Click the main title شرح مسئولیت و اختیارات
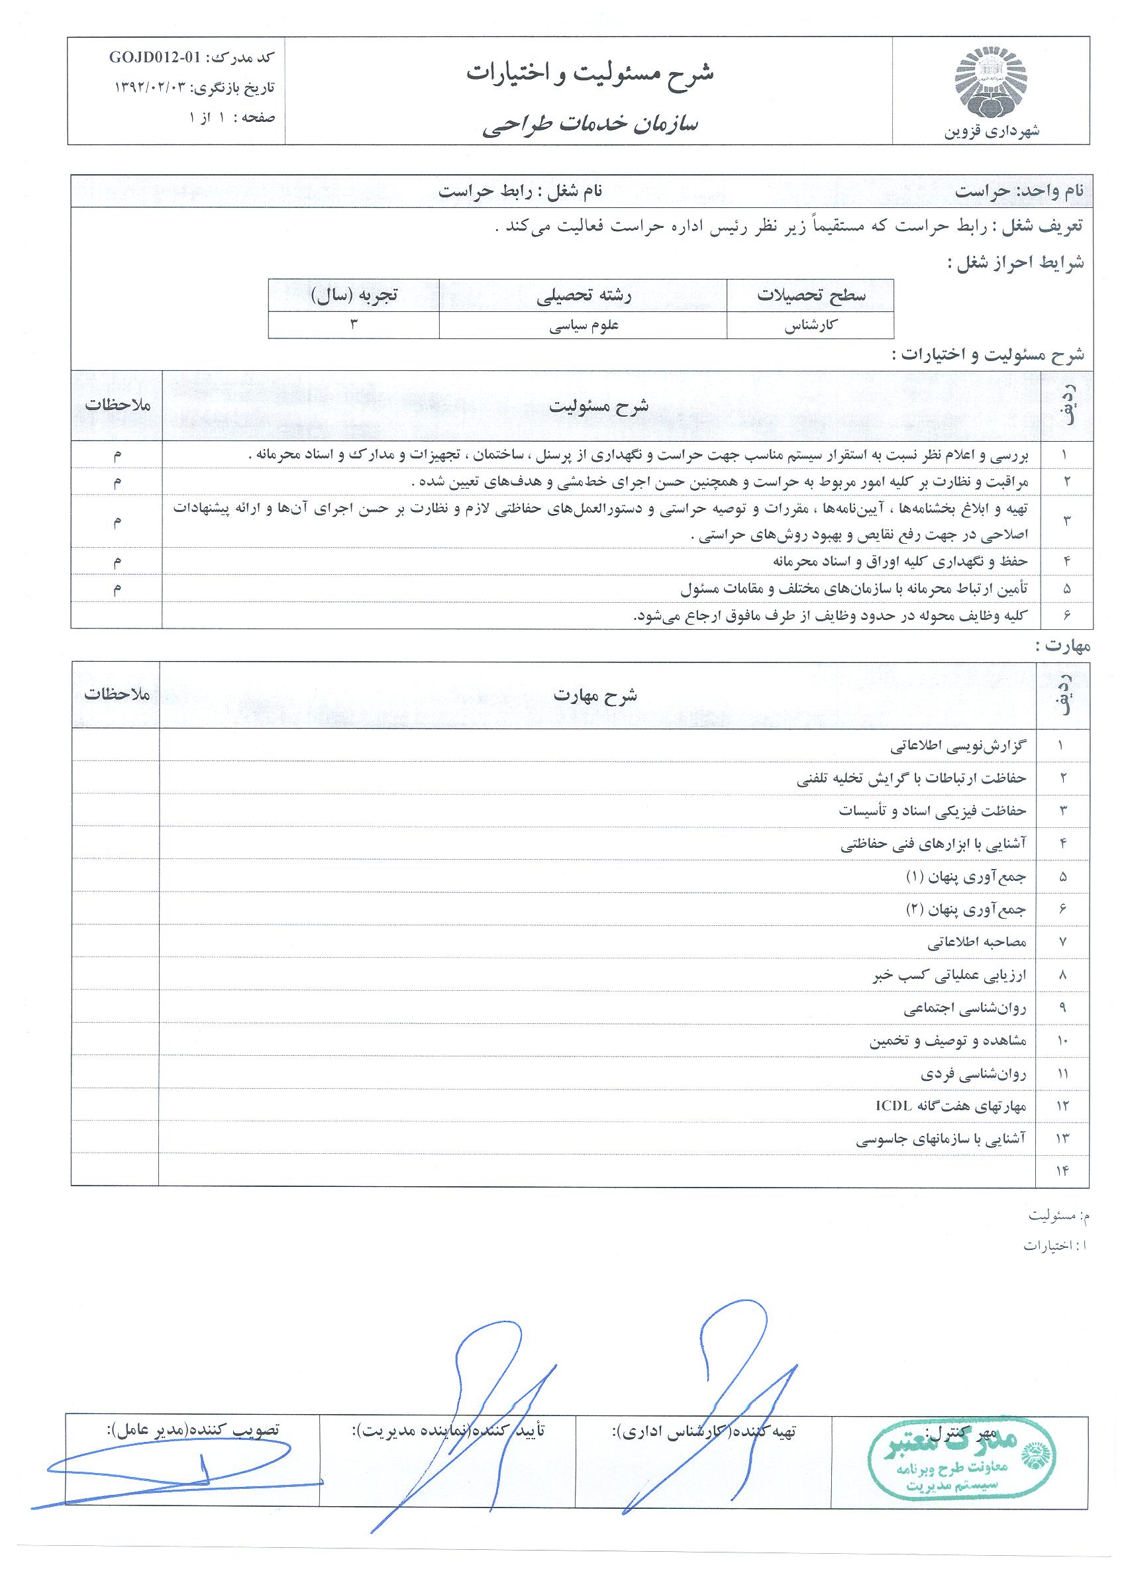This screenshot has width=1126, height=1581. [x=589, y=74]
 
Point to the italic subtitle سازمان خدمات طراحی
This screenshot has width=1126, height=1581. [x=589, y=124]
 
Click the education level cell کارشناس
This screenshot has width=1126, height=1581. [x=811, y=326]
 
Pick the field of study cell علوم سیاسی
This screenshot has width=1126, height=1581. [x=583, y=326]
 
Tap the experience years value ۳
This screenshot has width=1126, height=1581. [x=354, y=325]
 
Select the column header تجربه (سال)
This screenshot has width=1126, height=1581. [x=354, y=295]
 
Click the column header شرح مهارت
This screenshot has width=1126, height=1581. [x=595, y=695]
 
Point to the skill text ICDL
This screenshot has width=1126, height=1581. [x=895, y=1105]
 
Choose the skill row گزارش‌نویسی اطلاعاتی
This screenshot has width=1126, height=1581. [x=958, y=746]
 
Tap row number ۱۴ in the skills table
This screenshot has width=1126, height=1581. [x=1062, y=1171]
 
